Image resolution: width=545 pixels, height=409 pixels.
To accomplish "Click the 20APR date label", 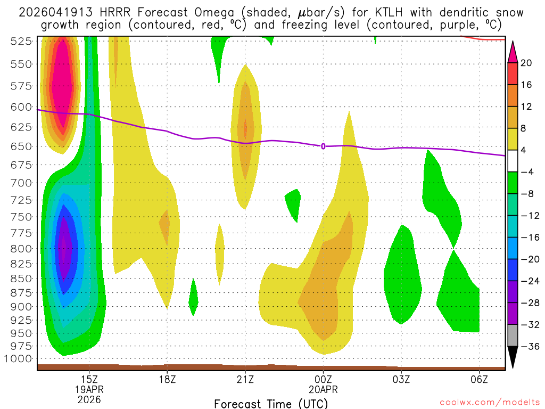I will tap(323, 389).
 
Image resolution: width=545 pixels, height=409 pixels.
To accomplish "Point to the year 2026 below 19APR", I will tap(89, 399).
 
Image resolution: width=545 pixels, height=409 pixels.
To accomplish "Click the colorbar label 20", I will tap(526, 63).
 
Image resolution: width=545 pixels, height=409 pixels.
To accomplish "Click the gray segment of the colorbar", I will tap(513, 336).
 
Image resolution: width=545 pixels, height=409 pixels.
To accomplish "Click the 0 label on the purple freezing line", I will tap(323, 146).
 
